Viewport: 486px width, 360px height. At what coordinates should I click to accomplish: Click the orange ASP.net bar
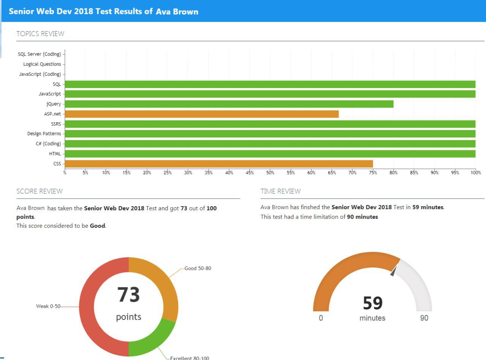coord(201,114)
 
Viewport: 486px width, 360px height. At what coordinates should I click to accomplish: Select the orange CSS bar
coord(219,164)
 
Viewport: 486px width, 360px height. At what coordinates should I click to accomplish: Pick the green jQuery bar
coord(229,104)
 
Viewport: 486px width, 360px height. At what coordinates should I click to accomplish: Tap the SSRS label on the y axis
coord(56,124)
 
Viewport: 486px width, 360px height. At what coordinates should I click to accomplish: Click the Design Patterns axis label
coord(44,134)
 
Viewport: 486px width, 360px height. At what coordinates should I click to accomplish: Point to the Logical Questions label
coord(42,64)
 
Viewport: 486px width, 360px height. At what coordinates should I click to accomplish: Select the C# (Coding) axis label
coord(48,144)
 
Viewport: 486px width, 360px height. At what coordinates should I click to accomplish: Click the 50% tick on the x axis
coord(270,173)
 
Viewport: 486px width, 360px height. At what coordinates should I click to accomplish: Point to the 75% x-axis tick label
coord(373,173)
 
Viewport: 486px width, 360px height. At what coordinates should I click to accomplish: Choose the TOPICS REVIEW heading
coord(40,34)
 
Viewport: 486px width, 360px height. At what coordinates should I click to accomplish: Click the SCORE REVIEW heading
coord(39,191)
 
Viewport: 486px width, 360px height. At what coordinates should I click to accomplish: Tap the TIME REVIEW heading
coord(281,191)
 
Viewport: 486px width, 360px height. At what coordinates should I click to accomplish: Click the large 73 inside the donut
coord(128,295)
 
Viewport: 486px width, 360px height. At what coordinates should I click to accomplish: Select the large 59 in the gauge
coord(372,303)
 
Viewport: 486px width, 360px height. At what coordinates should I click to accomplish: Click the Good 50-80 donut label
coord(198,268)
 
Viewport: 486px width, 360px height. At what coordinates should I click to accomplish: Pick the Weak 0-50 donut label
coord(48,306)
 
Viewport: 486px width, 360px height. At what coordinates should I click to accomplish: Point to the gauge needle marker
coord(393,271)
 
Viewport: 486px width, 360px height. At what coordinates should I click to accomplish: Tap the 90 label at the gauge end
coord(424,318)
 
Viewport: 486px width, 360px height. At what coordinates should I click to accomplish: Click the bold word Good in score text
coord(97,226)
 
